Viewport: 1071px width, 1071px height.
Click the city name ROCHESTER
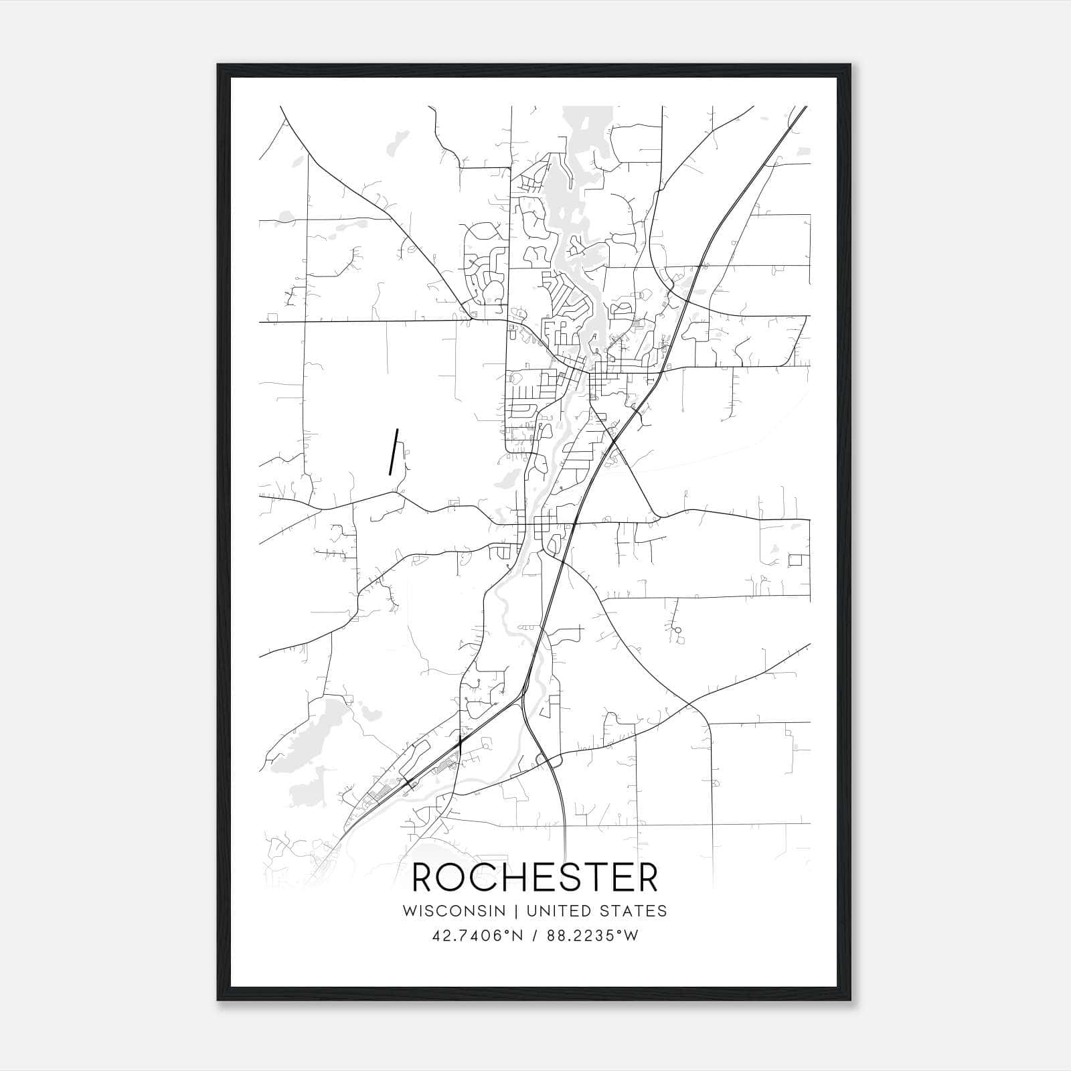tap(535, 878)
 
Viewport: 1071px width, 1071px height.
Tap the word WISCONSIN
tap(459, 911)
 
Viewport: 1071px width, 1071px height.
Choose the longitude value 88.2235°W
tap(592, 936)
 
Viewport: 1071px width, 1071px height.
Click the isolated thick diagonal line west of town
tap(394, 452)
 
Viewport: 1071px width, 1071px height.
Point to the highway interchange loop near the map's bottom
tap(548, 760)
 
